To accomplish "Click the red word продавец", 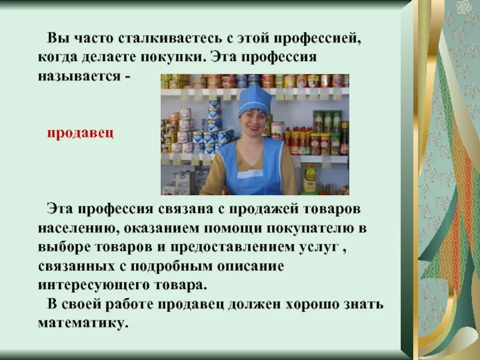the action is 80,133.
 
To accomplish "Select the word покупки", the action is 173,57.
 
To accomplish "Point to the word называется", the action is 79,76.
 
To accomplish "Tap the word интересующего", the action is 94,286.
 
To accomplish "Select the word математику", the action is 83,323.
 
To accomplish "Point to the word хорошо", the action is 312,305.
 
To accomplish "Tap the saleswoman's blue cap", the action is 254,100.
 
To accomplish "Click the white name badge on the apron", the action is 250,174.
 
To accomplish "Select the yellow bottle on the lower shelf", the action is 310,178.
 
